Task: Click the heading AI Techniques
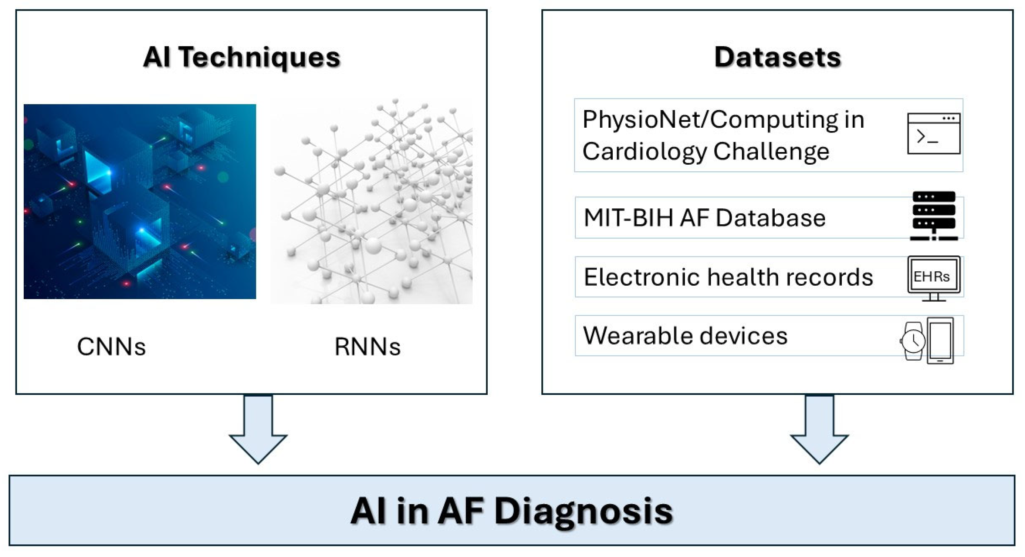click(x=241, y=57)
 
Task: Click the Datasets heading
click(x=777, y=57)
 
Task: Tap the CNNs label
click(x=111, y=346)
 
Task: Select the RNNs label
click(x=367, y=346)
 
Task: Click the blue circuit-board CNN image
click(x=140, y=201)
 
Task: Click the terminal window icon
click(x=933, y=133)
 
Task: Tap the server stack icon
click(x=933, y=215)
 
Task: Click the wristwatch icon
click(x=913, y=341)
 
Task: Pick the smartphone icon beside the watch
click(x=940, y=340)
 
